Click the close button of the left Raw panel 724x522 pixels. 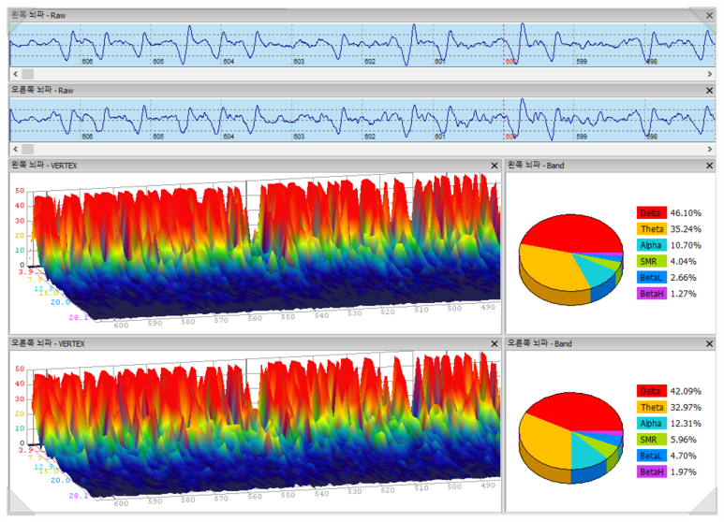(709, 16)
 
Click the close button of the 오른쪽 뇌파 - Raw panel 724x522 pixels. (709, 90)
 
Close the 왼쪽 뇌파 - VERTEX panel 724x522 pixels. (495, 166)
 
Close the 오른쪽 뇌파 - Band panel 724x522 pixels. (709, 343)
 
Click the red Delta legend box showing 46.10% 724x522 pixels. (652, 213)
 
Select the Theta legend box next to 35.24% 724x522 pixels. (652, 229)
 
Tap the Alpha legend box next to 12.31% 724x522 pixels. (652, 424)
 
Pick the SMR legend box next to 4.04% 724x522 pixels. (652, 261)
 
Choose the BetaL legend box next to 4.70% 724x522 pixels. (652, 456)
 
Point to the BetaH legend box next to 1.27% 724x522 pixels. (652, 293)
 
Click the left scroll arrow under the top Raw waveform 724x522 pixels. (15, 73)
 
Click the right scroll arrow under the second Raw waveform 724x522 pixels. (709, 148)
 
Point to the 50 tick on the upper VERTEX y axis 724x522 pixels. (19, 190)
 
